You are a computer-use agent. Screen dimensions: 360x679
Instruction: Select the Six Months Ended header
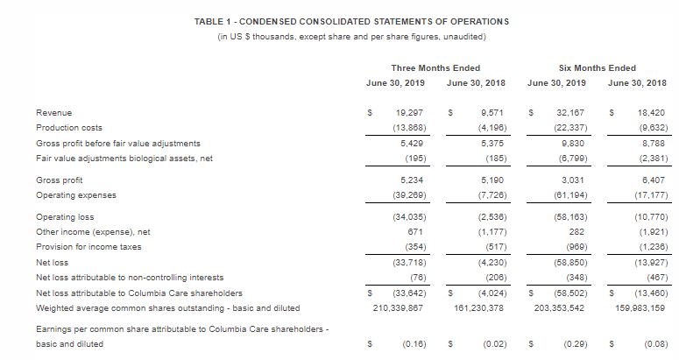(597, 67)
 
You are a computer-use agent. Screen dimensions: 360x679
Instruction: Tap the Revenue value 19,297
(412, 113)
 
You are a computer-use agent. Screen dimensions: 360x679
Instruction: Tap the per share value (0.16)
(414, 345)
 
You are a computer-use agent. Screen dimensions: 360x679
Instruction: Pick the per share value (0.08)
(652, 345)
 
